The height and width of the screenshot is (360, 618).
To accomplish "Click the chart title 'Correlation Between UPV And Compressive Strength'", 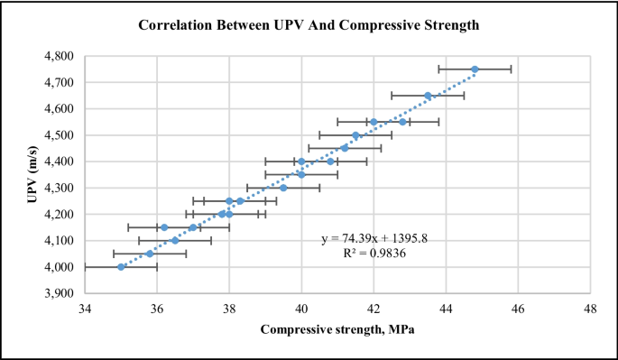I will (309, 25).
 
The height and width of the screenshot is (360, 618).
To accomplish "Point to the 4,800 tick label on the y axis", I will (60, 56).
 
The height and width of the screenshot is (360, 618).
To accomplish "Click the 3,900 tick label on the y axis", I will (60, 294).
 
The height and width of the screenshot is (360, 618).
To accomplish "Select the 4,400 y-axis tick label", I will (60, 162).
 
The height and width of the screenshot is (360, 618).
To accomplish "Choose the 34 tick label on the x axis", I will (85, 308).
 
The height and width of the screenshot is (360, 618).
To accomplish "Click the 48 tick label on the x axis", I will (590, 308).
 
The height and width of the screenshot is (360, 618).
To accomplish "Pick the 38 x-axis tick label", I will (229, 308).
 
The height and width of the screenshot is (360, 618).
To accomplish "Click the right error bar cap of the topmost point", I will (511, 69).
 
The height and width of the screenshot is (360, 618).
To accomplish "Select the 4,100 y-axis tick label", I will (60, 241).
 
